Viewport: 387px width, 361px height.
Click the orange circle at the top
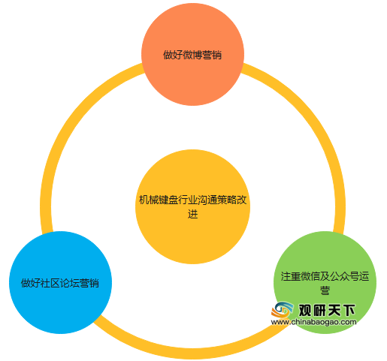[x=192, y=54]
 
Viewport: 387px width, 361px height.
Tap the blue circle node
[x=60, y=282]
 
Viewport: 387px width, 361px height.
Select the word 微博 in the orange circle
[x=192, y=55]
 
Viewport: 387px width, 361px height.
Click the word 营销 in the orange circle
[x=212, y=55]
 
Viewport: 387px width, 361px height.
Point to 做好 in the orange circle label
[x=173, y=55]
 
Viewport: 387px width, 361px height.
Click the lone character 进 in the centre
[x=192, y=214]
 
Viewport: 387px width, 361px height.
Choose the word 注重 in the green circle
[x=290, y=276]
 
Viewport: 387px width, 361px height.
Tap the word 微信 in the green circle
[x=310, y=276]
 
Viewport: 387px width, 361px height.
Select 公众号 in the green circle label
[x=344, y=276]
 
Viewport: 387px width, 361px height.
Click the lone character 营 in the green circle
[x=325, y=290]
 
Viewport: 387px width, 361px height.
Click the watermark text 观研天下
[x=327, y=311]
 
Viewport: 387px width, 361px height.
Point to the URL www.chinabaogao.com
[x=313, y=322]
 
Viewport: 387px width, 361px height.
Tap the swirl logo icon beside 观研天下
[x=283, y=310]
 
